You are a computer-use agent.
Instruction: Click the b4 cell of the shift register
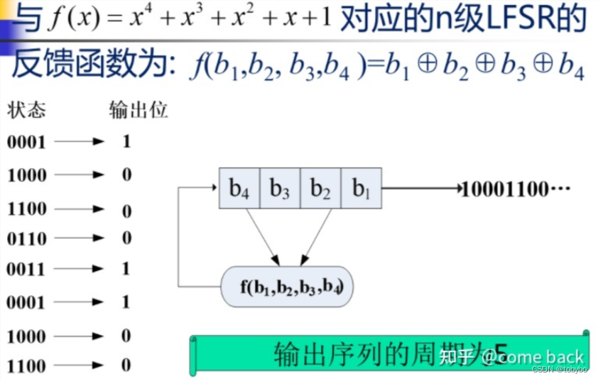click(x=239, y=188)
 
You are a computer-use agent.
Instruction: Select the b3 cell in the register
click(x=280, y=188)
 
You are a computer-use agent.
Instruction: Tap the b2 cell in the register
click(x=321, y=188)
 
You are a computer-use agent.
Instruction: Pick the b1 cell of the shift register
click(x=361, y=188)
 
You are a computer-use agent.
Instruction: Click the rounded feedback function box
click(x=287, y=287)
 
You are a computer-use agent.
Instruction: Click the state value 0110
click(x=26, y=239)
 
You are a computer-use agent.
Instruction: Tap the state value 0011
click(x=26, y=270)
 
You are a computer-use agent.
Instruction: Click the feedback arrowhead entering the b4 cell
click(x=212, y=188)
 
